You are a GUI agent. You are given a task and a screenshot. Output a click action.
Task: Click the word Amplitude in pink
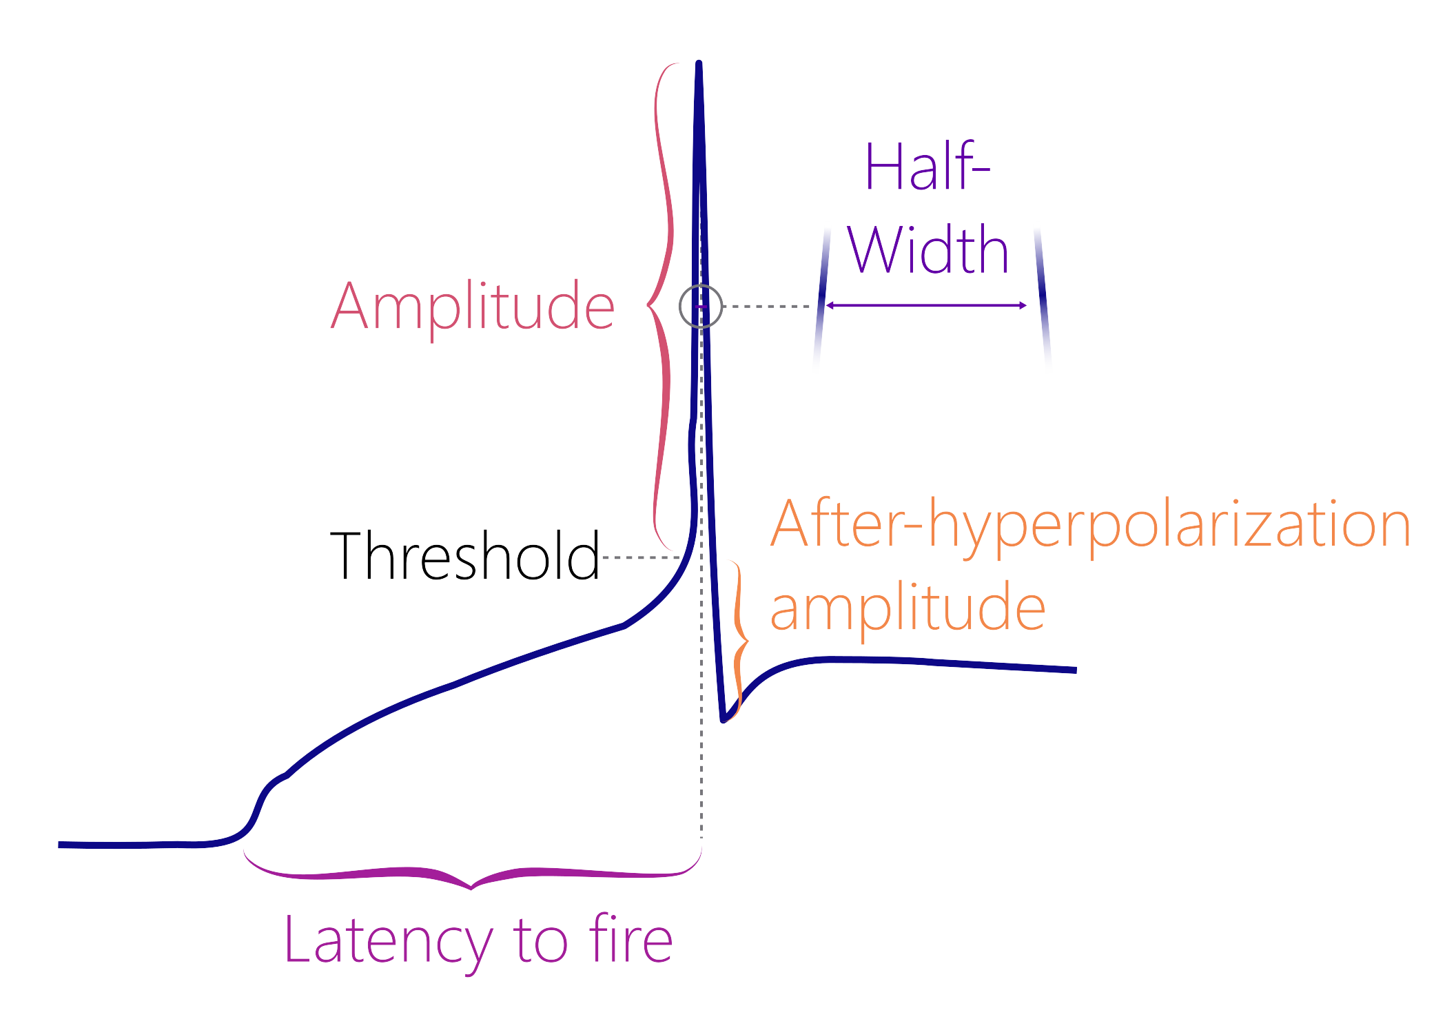[x=473, y=307]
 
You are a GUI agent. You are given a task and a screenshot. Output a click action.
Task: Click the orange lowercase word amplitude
[x=908, y=608]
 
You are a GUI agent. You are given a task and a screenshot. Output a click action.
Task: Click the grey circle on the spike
[x=701, y=306]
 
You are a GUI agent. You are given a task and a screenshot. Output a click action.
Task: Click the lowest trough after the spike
[x=723, y=720]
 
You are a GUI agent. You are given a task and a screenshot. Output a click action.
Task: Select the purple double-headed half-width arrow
[x=926, y=305]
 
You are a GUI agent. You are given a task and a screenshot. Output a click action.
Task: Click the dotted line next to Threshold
[x=641, y=557]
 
